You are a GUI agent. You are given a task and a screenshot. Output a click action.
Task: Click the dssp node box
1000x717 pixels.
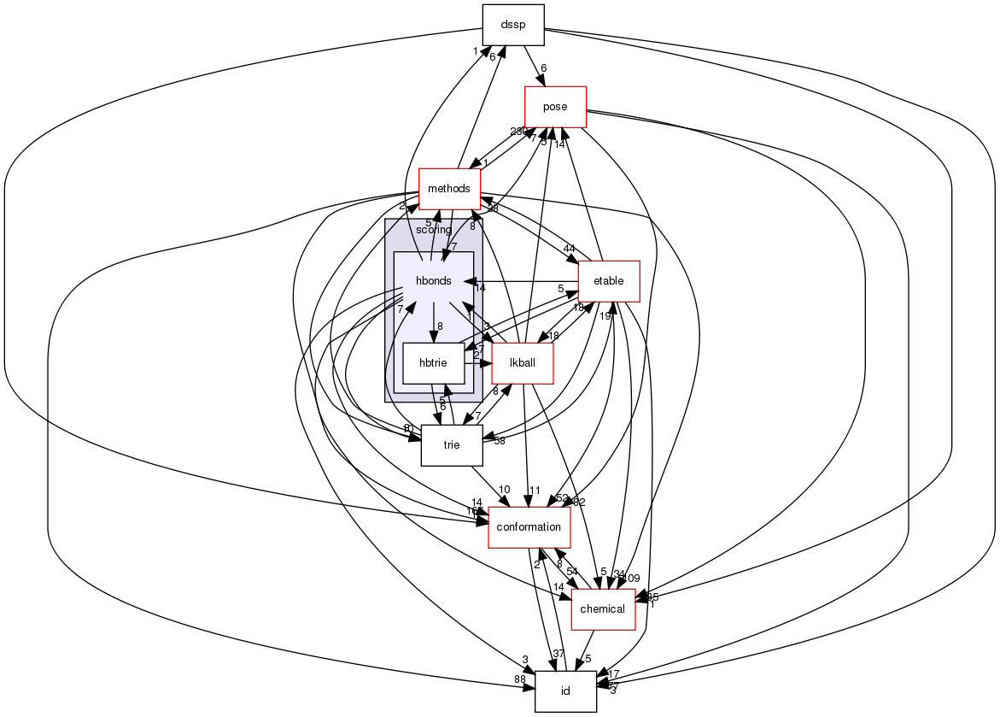512,25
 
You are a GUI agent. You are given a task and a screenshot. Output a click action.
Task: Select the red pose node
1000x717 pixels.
555,107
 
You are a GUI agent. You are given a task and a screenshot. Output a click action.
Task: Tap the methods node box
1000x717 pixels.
449,188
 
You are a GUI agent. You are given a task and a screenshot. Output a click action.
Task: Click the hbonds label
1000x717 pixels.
433,281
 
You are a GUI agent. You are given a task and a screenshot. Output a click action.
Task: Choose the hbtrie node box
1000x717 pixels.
433,363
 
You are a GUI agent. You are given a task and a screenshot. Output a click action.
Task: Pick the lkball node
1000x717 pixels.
522,363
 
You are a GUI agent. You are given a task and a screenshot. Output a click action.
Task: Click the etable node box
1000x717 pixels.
608,280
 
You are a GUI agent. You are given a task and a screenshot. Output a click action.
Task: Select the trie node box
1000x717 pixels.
451,445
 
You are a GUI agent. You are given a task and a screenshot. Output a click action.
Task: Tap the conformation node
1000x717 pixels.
529,527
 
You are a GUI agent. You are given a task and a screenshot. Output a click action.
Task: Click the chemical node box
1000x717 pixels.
603,609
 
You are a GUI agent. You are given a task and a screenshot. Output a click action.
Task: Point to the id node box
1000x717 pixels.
564,691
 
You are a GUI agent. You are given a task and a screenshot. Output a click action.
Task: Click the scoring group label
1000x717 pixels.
433,230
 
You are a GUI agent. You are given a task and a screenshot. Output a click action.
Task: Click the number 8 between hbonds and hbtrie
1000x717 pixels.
440,326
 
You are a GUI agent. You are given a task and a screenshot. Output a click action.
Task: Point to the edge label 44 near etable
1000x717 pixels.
569,248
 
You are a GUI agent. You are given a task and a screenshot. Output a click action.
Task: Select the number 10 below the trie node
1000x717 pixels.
505,489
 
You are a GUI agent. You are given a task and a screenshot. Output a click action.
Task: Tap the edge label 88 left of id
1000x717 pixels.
519,679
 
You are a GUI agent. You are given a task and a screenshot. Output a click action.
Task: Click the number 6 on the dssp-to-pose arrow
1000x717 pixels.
543,68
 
